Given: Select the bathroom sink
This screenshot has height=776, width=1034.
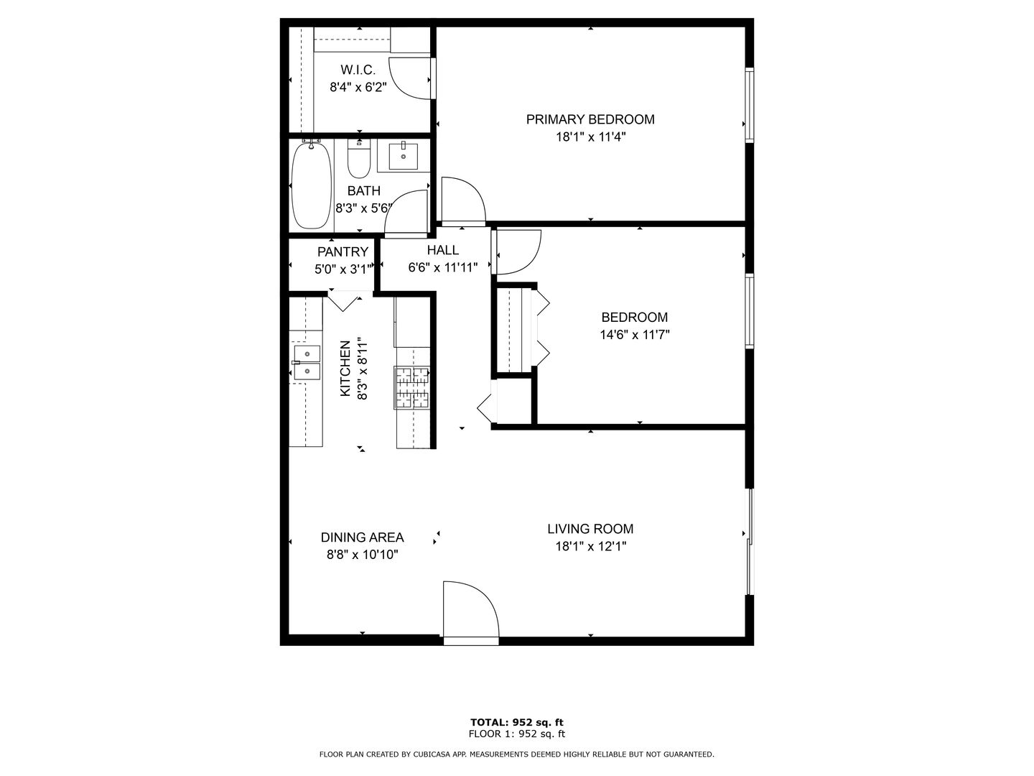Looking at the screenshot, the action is (x=404, y=156).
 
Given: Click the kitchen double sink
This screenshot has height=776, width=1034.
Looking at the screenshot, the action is (x=307, y=362).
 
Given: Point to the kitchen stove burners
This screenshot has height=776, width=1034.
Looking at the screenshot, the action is (x=411, y=387).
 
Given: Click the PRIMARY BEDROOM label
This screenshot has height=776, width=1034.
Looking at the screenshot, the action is (x=590, y=120).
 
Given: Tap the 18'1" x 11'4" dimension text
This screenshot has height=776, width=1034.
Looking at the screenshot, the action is (x=590, y=137).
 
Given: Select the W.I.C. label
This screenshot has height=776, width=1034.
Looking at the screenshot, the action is (x=358, y=70).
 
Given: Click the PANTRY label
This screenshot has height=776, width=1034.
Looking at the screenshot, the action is (x=343, y=252).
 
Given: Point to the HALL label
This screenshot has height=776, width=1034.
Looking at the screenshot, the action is (x=443, y=250).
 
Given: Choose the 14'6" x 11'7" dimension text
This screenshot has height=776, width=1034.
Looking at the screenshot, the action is (x=635, y=335).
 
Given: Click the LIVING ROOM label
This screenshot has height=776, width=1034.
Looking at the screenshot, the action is (x=590, y=529).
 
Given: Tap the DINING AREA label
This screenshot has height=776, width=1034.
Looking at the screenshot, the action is (x=362, y=537).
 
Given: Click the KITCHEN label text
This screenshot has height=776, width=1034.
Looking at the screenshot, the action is (x=345, y=369).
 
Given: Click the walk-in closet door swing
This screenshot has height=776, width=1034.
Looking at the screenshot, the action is (x=410, y=78).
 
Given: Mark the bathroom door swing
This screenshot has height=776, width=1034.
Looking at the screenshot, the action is (x=406, y=213).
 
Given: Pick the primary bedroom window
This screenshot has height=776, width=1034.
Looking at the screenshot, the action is (x=749, y=105).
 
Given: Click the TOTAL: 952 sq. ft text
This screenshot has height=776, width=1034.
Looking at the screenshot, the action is (x=517, y=722).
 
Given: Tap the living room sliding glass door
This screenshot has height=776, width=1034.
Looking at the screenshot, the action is (x=750, y=542).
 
